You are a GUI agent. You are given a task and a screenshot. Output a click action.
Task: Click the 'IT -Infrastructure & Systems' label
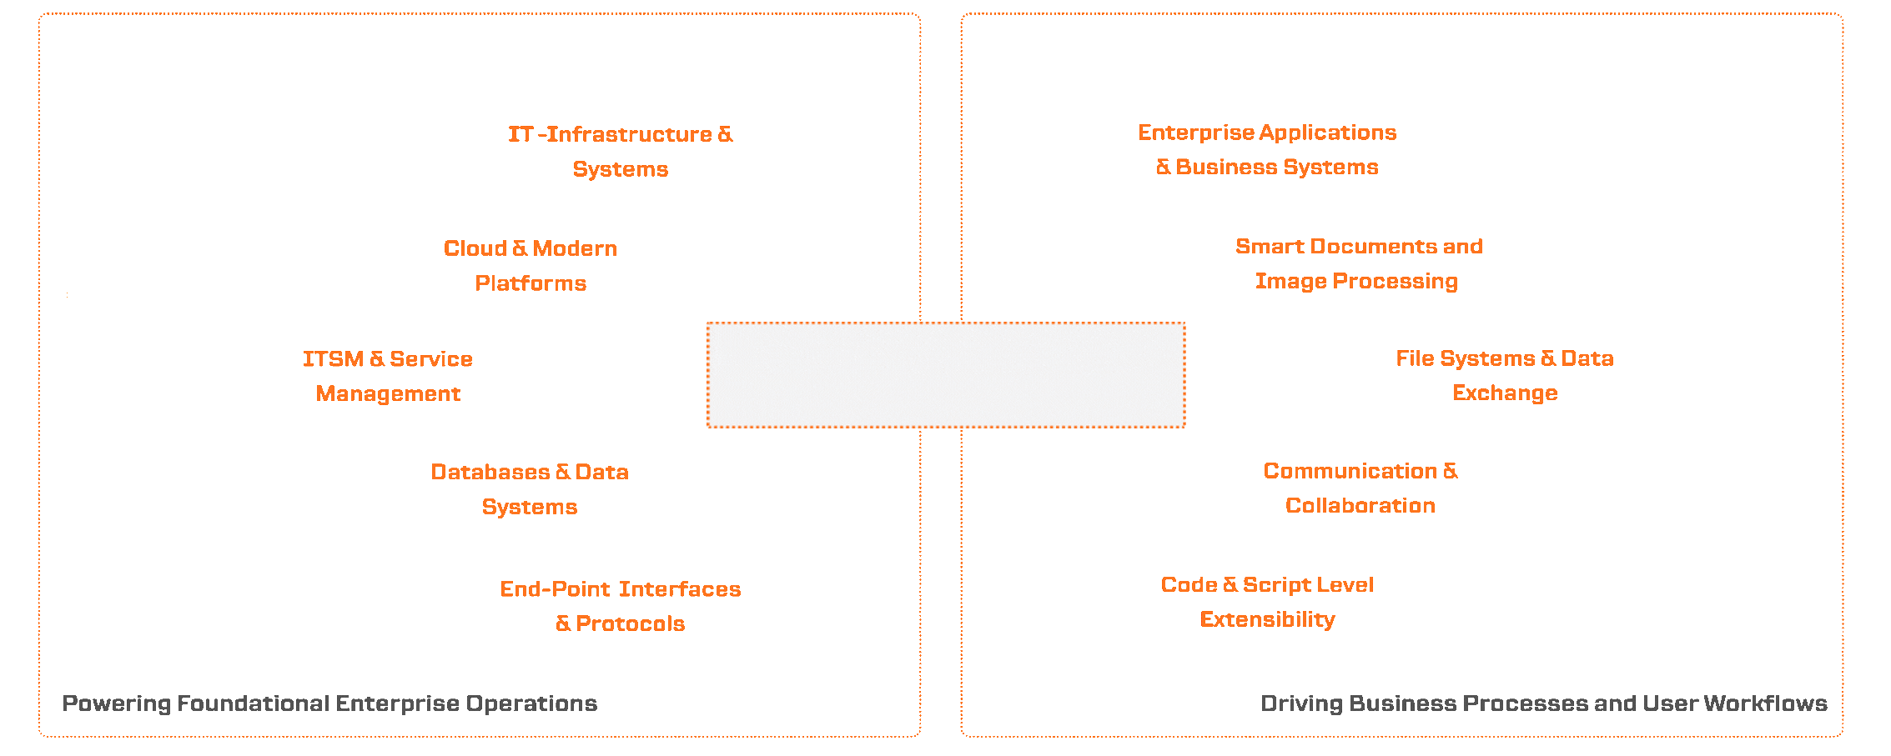point(620,151)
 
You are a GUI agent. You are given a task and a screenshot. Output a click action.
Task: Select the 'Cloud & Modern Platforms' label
point(531,265)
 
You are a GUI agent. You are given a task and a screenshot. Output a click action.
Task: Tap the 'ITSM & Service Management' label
point(388,376)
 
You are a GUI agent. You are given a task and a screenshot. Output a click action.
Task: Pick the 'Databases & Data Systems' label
point(530,489)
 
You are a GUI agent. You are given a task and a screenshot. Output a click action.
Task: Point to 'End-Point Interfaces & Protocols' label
point(620,606)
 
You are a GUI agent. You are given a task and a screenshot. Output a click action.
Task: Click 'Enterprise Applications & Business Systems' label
point(1267,149)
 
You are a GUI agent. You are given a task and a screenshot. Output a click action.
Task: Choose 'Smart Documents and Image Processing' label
point(1358,263)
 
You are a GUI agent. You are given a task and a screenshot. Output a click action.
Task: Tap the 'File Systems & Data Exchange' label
point(1505,375)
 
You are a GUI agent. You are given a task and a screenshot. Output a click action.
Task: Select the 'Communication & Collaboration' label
point(1360,488)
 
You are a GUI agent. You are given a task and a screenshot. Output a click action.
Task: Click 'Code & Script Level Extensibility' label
point(1267,602)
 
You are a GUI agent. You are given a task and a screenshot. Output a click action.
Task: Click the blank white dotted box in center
point(946,375)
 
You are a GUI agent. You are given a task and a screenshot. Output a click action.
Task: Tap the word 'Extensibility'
point(1267,619)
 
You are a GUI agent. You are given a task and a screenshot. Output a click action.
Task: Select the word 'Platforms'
point(531,283)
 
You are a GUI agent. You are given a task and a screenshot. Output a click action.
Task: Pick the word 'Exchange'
point(1505,393)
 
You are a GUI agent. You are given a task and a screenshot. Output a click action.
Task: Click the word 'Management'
point(388,393)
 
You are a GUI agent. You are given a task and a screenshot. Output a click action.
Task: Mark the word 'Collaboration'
point(1360,505)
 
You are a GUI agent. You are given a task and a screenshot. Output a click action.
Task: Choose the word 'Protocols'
point(630,623)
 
